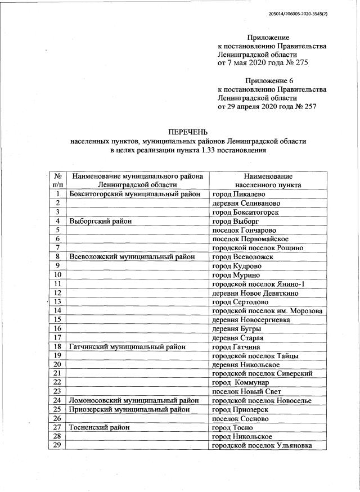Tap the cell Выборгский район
coord(100,221)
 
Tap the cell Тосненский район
coord(100,427)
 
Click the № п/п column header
coord(57,180)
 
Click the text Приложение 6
coord(269,80)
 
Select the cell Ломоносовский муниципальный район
coord(133,400)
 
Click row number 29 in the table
coord(57,445)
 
